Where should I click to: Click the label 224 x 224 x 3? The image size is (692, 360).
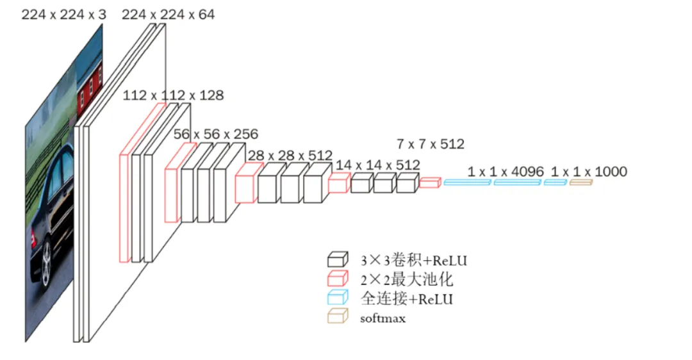(64, 15)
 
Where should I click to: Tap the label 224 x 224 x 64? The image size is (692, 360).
(168, 15)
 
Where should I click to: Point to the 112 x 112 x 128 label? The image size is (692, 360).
(173, 95)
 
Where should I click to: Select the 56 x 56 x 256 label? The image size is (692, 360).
(216, 134)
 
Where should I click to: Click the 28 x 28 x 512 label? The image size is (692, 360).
(290, 156)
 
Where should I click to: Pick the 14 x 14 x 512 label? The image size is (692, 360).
(378, 165)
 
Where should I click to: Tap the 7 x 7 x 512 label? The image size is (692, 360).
(431, 144)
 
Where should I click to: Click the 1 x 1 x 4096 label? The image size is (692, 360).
(506, 172)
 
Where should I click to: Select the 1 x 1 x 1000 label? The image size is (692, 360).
(589, 172)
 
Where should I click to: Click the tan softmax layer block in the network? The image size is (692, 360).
(581, 182)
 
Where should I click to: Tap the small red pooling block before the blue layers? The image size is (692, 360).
(430, 183)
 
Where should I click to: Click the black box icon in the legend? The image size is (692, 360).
(338, 259)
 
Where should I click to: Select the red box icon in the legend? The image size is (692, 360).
(338, 279)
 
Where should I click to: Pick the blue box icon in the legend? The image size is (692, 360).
(338, 298)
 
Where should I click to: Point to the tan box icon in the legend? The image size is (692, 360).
(338, 316)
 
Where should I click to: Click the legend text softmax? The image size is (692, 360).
(383, 318)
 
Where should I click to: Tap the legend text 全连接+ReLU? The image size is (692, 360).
(407, 299)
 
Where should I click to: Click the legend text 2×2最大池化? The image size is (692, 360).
(407, 280)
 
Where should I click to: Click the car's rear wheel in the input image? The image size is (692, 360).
(46, 263)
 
